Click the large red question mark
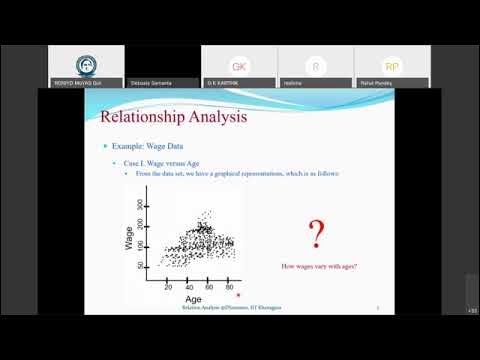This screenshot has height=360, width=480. [x=316, y=235]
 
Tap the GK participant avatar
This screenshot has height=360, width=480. [x=239, y=65]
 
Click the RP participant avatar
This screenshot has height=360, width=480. [x=391, y=65]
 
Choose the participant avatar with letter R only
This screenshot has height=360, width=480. [x=316, y=65]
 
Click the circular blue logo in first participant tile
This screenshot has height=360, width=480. [x=86, y=64]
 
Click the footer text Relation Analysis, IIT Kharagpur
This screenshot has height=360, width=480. [x=230, y=309]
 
